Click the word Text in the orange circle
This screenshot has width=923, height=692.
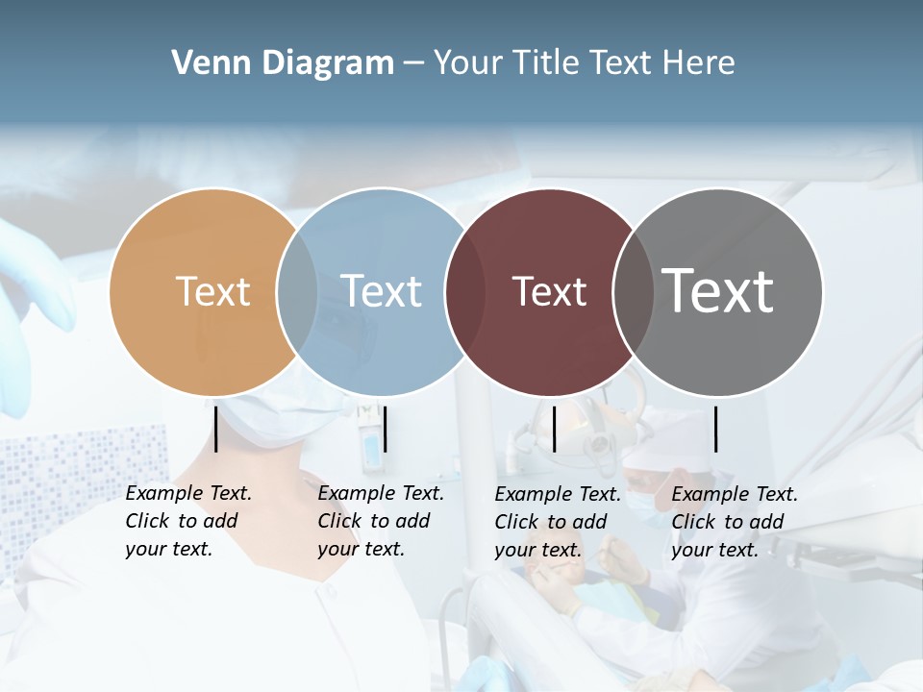[212, 291]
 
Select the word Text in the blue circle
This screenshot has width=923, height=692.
[381, 291]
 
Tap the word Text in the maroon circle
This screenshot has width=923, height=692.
[549, 291]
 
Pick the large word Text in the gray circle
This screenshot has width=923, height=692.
[717, 290]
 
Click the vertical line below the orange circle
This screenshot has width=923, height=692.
[215, 429]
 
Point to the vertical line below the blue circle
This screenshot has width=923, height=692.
[385, 429]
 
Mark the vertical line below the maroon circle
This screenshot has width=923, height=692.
[554, 429]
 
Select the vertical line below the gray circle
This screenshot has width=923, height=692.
[715, 429]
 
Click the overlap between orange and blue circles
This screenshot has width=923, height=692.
[297, 291]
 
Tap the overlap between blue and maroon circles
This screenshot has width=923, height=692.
[464, 291]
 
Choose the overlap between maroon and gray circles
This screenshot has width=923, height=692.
[634, 291]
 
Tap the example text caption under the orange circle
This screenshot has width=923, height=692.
[187, 521]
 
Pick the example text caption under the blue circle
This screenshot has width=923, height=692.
[380, 521]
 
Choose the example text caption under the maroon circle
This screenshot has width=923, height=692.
[557, 522]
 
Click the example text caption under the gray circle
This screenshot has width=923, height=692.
[734, 522]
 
